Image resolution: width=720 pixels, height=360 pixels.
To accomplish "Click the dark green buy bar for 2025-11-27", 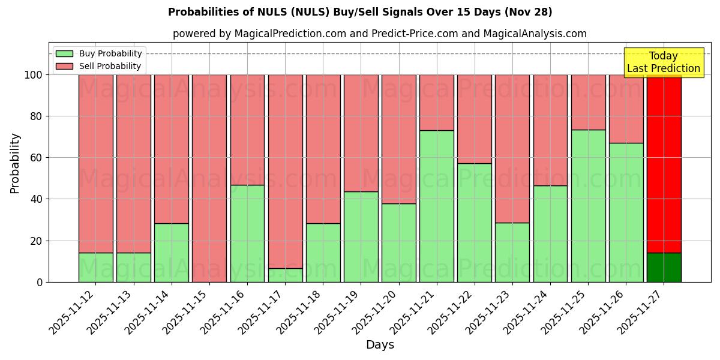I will click(x=664, y=268).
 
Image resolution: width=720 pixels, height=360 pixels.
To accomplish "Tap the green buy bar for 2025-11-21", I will click(x=437, y=206).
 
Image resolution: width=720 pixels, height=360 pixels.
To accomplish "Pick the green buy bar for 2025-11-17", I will click(x=285, y=275).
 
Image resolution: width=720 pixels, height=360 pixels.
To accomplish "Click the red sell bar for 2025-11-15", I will click(x=209, y=178).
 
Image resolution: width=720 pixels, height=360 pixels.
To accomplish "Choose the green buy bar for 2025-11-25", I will click(x=588, y=206).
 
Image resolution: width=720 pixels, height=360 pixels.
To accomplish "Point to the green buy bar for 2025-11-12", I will click(x=96, y=268).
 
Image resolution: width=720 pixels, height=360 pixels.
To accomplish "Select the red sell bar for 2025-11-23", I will click(x=512, y=148).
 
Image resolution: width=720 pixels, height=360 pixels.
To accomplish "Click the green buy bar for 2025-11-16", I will click(x=247, y=233).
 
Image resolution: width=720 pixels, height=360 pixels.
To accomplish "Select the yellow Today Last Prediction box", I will click(x=664, y=62).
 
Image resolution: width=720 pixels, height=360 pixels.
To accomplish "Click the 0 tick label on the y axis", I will click(x=39, y=282).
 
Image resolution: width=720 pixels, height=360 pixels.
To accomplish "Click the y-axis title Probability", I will click(x=15, y=163).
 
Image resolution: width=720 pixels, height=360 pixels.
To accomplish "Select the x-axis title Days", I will click(x=380, y=345).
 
